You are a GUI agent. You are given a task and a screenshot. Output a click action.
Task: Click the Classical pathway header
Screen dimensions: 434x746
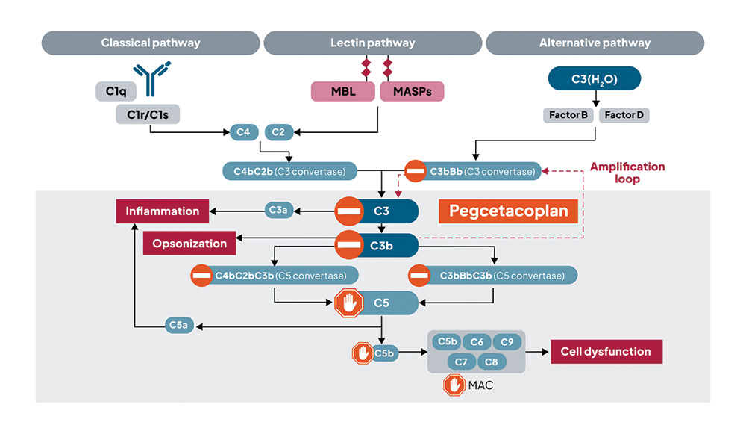click(x=151, y=43)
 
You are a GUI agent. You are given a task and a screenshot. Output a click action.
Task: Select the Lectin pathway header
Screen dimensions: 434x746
click(x=372, y=43)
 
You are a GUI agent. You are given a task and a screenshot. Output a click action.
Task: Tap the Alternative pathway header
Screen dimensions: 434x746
click(x=595, y=43)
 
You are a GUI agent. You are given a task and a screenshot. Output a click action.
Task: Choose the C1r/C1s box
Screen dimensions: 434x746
click(x=148, y=114)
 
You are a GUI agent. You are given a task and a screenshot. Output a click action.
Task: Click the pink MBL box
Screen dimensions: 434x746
click(x=343, y=92)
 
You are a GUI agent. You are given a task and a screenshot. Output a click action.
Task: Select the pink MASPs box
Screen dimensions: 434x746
click(x=412, y=92)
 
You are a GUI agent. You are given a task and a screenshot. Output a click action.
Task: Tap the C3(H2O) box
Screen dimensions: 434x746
click(x=595, y=79)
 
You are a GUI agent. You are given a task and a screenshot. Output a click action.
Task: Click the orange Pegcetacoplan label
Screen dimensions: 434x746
click(x=509, y=211)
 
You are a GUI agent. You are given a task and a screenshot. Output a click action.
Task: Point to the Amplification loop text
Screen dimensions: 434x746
click(x=627, y=173)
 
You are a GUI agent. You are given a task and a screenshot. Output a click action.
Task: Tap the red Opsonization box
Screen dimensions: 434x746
click(x=189, y=243)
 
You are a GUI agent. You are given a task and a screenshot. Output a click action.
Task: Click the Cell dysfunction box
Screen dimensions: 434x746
click(x=606, y=352)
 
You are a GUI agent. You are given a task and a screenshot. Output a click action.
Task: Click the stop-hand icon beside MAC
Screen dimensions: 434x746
click(x=454, y=385)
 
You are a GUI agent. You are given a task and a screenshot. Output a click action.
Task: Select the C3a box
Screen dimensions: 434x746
click(x=278, y=211)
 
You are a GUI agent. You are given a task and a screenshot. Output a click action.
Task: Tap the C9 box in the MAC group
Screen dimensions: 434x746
click(x=507, y=342)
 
